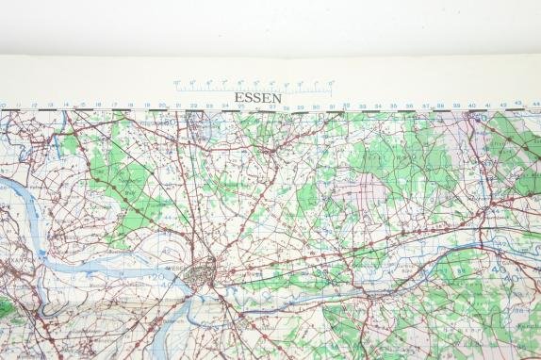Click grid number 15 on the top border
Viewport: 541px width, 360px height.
[82, 105]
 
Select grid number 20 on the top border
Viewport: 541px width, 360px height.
[162, 106]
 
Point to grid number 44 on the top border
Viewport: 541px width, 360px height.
[534, 106]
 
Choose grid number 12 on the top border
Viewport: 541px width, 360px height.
[34, 105]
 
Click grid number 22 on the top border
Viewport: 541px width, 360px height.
[193, 106]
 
